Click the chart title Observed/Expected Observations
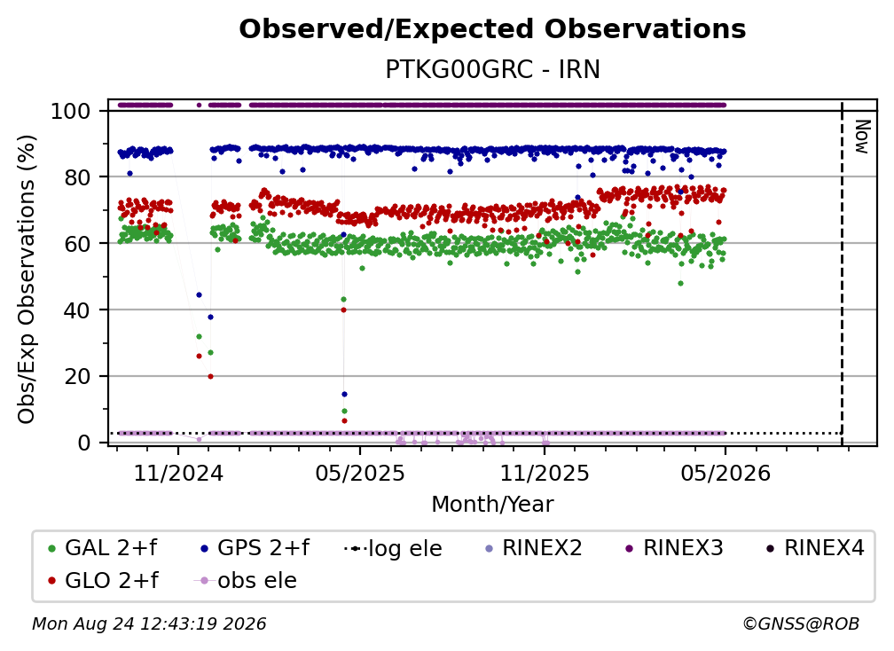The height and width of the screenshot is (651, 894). point(492,29)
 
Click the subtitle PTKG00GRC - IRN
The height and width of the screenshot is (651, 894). point(492,69)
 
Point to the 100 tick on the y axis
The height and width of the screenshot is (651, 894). point(71,111)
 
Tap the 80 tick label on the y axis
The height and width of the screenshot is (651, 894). point(77,177)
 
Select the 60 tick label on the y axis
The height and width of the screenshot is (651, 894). point(77,243)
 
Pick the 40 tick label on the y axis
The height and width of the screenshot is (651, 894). point(77,310)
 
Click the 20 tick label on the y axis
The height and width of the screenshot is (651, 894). point(77,376)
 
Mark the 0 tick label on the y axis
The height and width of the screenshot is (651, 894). point(84,443)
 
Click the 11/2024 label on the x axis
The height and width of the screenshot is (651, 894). point(178,473)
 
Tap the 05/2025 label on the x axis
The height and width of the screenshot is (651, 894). point(360,473)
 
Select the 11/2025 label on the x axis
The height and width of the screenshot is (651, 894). point(545,473)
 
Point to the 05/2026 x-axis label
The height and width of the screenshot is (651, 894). point(725,473)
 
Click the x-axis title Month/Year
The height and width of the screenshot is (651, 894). point(492,504)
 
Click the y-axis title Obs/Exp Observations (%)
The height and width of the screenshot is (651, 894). point(27,278)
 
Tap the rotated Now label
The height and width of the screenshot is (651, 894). point(862,137)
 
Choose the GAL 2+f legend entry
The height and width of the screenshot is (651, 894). point(103,548)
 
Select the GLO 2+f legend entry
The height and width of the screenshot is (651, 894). point(103,580)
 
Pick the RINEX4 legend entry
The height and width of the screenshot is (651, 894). point(815,548)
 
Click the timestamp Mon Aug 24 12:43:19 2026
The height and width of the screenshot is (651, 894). point(149,624)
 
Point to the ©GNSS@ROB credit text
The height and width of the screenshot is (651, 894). point(801,624)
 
